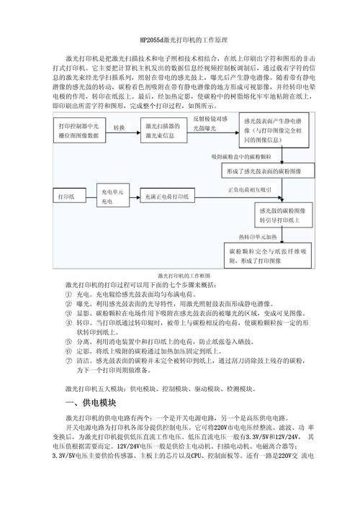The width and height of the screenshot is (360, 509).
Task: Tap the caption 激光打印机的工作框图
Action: click(x=179, y=276)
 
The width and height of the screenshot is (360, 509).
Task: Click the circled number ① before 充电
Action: click(x=68, y=295)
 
